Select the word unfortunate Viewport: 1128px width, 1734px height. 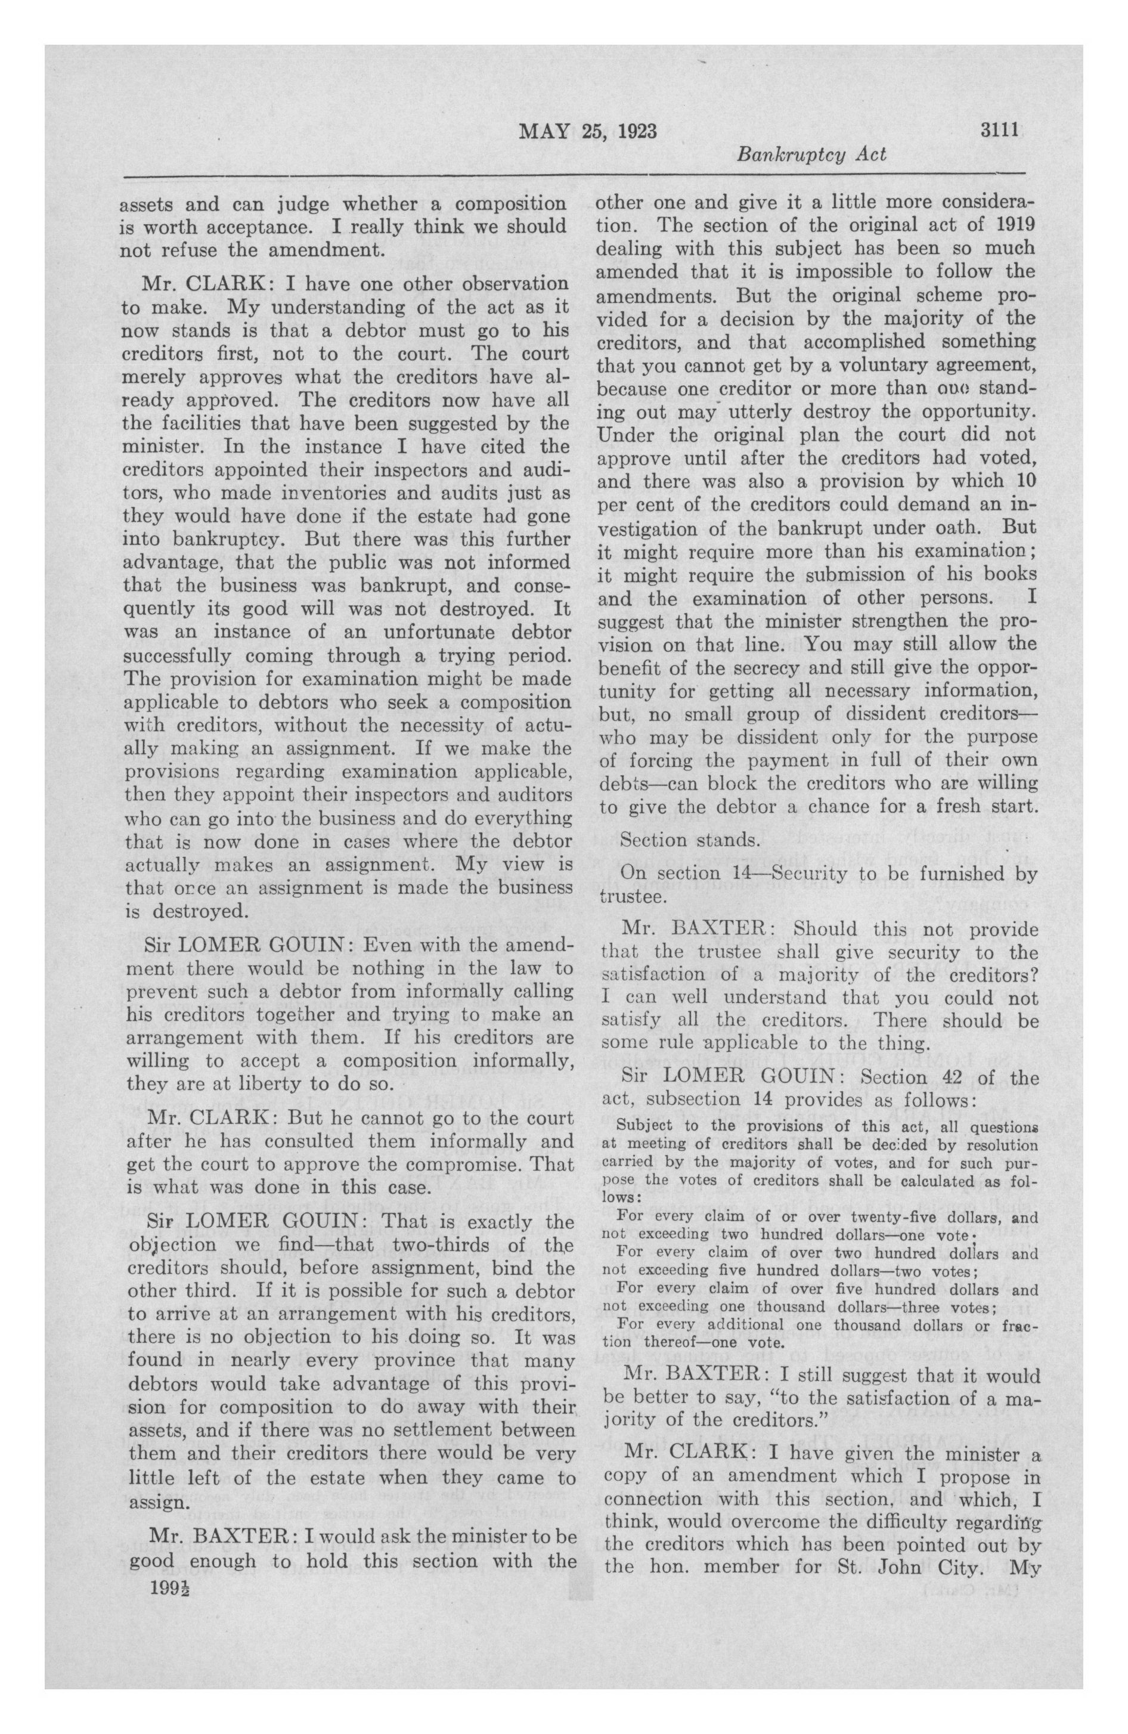[413, 631]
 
